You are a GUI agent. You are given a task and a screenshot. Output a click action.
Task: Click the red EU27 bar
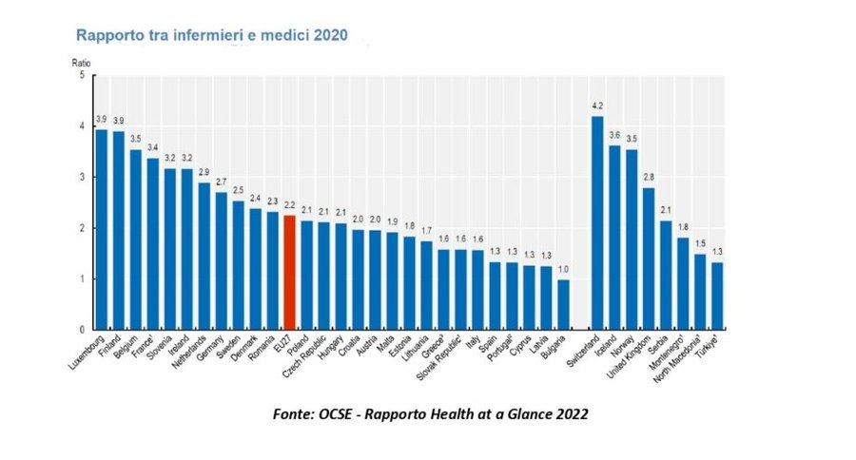click(289, 272)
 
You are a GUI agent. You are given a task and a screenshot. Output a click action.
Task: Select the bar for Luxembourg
click(101, 229)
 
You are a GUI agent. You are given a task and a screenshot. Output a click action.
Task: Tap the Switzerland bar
click(597, 222)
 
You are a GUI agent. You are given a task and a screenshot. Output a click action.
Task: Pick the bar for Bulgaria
click(563, 304)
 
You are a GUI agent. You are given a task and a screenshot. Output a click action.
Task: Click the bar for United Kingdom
click(649, 259)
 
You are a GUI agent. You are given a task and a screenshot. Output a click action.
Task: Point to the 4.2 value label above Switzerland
click(597, 105)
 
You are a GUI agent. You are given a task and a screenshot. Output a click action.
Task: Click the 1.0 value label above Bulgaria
click(563, 270)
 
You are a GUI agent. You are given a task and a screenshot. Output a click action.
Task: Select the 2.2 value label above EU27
click(289, 205)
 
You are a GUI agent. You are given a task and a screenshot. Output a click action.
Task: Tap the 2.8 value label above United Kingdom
click(649, 178)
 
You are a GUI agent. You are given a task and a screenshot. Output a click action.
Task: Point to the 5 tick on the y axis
click(83, 75)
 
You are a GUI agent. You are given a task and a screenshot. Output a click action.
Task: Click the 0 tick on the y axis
click(83, 330)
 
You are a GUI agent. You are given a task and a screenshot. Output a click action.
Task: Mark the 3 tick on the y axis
click(83, 177)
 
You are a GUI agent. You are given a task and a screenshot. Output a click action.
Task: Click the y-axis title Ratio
click(82, 64)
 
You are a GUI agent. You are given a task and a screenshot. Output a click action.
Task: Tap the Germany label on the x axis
click(210, 348)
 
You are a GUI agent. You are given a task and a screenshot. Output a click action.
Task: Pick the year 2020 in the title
click(330, 35)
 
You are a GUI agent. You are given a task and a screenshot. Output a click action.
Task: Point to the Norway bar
click(632, 240)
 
